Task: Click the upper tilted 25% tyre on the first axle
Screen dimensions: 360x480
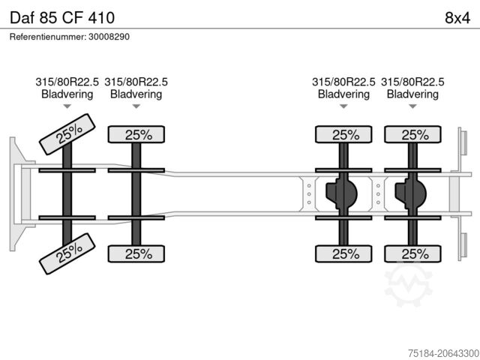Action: tap(67, 134)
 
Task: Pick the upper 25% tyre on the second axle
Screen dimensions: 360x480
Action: tap(137, 135)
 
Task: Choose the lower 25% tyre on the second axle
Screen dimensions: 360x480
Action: tap(137, 253)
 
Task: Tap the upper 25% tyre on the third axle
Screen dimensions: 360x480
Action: tap(344, 135)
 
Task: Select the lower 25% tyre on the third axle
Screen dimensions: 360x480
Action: tap(344, 253)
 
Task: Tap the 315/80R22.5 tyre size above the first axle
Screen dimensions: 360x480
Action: tap(67, 82)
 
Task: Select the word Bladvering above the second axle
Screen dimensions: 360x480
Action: tap(136, 94)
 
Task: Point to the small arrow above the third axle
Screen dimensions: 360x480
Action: tap(344, 107)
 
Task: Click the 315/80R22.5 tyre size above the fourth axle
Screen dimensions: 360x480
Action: tap(412, 82)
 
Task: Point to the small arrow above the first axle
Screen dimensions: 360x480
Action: tap(67, 107)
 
